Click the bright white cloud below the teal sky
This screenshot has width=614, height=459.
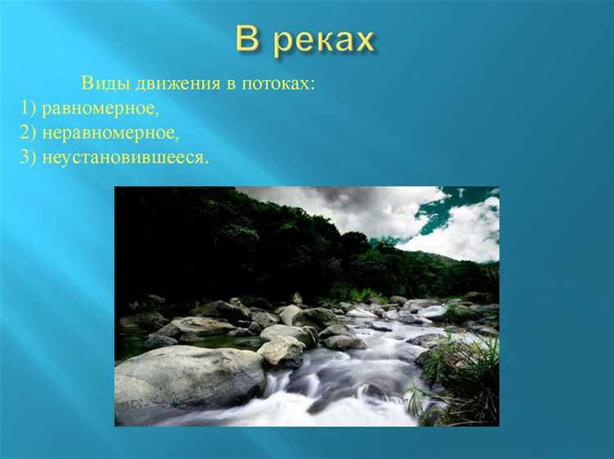tap(458, 233)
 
